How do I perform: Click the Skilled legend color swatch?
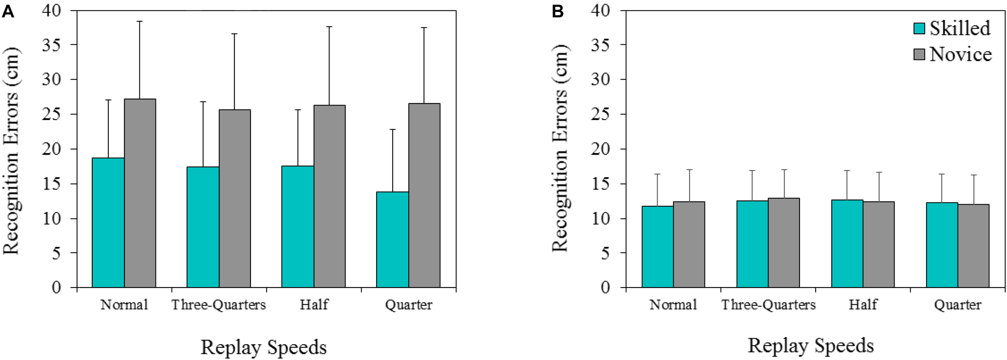pyautogui.click(x=919, y=29)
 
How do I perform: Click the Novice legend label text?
pyautogui.click(x=961, y=55)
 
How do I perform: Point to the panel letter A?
pyautogui.click(x=8, y=12)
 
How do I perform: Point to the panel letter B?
pyautogui.click(x=557, y=12)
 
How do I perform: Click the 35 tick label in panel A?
pyautogui.click(x=51, y=45)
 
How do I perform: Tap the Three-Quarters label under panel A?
pyautogui.click(x=219, y=305)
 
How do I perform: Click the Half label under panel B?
pyautogui.click(x=863, y=305)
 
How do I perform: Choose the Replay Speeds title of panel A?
pyautogui.click(x=263, y=347)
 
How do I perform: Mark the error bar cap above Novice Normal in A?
pyautogui.click(x=140, y=21)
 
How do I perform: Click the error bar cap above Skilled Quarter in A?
pyautogui.click(x=392, y=130)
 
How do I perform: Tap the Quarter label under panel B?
pyautogui.click(x=957, y=305)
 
